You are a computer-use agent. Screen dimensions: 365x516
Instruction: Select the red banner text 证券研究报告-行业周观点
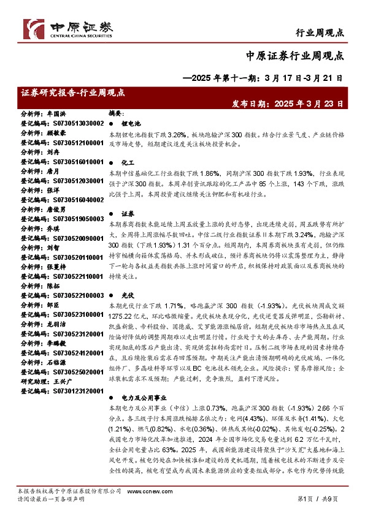tap(72, 93)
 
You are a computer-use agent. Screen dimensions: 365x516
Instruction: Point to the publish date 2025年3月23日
tap(287, 104)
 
